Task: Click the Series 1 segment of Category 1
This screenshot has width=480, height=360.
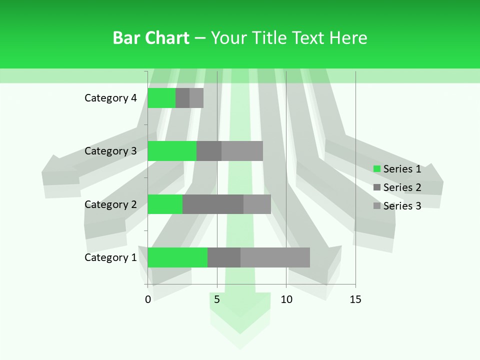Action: point(177,257)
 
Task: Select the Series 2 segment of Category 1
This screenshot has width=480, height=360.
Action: point(224,257)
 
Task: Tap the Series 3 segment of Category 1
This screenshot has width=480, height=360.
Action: point(275,257)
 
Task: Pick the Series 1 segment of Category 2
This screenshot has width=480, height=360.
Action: point(165,204)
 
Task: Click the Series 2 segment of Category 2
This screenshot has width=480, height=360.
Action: point(213,204)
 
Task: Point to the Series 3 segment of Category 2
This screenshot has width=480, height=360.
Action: point(257,204)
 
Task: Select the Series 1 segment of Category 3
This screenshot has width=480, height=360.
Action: point(172,151)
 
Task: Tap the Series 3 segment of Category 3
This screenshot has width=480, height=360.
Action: point(242,151)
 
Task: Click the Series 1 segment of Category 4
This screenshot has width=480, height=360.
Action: point(161,98)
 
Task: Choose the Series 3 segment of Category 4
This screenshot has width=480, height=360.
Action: point(196,98)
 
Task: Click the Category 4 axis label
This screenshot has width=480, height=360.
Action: point(110,98)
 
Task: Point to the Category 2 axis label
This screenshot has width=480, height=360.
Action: point(110,204)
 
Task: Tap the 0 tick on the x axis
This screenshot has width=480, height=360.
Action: point(148,299)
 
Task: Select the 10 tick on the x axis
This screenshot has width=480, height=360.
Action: point(286,299)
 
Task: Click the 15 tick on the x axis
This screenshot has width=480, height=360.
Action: point(355,299)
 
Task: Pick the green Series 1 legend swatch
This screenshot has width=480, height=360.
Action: point(377,169)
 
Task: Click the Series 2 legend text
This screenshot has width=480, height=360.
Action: point(402,187)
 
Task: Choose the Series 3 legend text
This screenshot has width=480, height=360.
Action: point(402,206)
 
